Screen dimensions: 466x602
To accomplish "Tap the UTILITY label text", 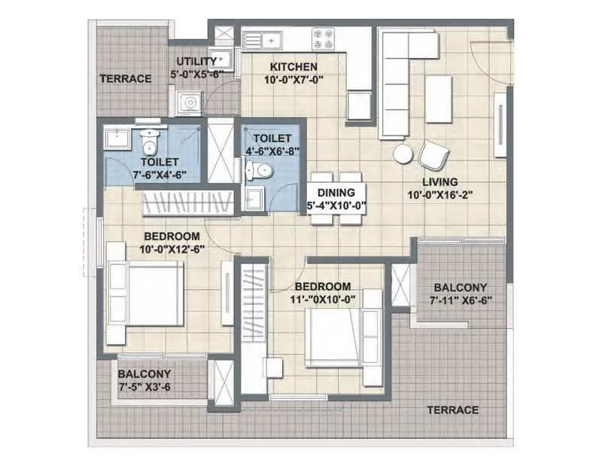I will tap(196, 61).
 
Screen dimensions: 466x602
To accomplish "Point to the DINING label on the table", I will tap(336, 192).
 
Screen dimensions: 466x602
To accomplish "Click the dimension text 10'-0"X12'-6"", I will tap(172, 249).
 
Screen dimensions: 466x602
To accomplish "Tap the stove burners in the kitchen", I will tap(324, 37).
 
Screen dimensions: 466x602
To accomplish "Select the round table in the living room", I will tap(403, 154).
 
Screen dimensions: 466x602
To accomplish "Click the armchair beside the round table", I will tap(433, 155).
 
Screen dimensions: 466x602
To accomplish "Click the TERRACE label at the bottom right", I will tap(452, 410).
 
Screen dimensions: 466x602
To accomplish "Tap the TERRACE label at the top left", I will tap(126, 78).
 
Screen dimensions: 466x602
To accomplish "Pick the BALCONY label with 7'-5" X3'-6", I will tap(144, 373).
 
